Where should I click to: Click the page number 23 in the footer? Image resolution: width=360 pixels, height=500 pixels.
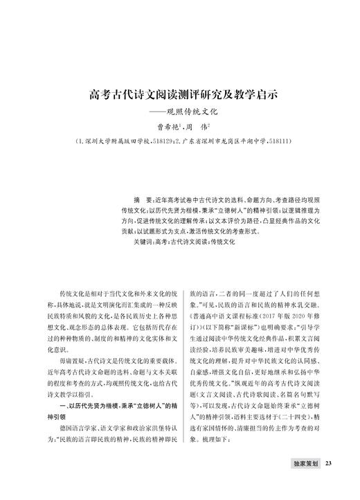pos(330,483)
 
